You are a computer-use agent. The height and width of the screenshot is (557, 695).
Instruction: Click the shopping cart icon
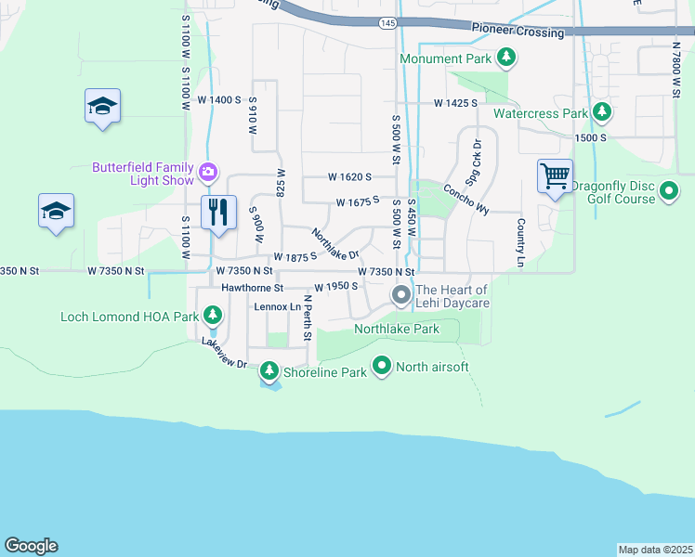coord(555,175)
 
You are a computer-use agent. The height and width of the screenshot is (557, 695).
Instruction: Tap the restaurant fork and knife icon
coord(219,211)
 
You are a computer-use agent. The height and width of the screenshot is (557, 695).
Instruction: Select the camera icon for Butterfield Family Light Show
coord(208,171)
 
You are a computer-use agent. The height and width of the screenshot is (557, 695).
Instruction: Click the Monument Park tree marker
coord(506,59)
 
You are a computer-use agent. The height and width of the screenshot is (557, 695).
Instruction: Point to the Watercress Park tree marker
coord(602,113)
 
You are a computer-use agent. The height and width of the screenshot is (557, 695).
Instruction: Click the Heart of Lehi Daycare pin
coord(401,296)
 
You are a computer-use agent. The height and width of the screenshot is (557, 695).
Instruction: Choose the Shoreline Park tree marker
coord(269,372)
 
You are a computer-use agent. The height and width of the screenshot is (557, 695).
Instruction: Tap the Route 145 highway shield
coord(387,21)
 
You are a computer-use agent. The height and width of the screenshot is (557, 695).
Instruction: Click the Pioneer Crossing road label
coord(518,32)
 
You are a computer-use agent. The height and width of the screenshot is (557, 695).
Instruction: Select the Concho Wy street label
coord(466,198)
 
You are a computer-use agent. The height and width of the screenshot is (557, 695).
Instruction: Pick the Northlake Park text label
coord(396,330)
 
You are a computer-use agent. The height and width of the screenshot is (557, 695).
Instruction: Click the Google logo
coord(31,546)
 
